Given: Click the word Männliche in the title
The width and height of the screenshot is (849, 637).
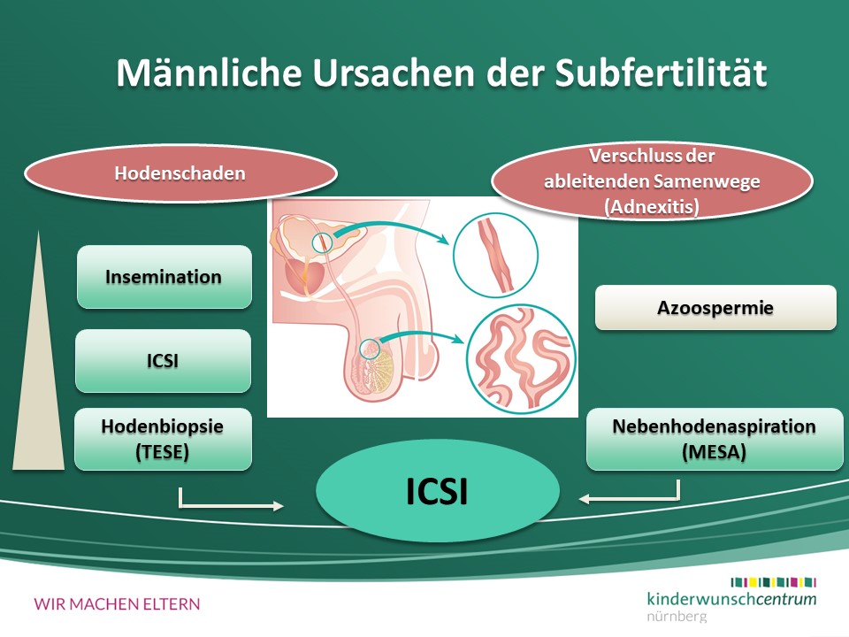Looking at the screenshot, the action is click(x=209, y=73).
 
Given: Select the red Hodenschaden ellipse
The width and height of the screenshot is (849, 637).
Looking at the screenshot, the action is click(x=180, y=173).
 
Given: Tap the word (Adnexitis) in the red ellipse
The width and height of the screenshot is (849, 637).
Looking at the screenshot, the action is click(x=652, y=206).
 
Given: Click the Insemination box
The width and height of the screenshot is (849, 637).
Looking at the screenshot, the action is click(x=164, y=277).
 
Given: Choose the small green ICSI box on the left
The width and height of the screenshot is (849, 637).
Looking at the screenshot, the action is click(x=163, y=361).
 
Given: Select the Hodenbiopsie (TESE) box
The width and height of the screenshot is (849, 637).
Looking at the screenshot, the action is click(x=163, y=439).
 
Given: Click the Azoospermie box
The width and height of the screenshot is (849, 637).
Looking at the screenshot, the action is click(x=715, y=308).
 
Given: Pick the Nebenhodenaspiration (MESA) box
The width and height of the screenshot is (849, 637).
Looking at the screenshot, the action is click(x=715, y=439).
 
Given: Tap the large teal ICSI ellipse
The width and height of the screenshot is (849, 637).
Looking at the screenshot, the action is click(x=438, y=491).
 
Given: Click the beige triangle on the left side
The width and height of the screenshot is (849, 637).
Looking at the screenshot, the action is click(x=38, y=380).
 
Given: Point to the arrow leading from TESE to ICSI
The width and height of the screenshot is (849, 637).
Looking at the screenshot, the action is click(x=217, y=506).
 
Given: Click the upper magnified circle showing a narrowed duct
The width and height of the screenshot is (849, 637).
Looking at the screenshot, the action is click(x=495, y=255).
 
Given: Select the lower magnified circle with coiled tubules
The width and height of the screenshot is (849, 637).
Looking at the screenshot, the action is click(x=521, y=358).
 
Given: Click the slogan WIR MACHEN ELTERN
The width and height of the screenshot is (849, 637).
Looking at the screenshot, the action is click(x=117, y=604).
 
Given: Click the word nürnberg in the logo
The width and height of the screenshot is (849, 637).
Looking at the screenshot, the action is click(x=677, y=617).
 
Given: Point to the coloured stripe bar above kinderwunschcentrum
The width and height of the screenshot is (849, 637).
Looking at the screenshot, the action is click(x=773, y=582).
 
